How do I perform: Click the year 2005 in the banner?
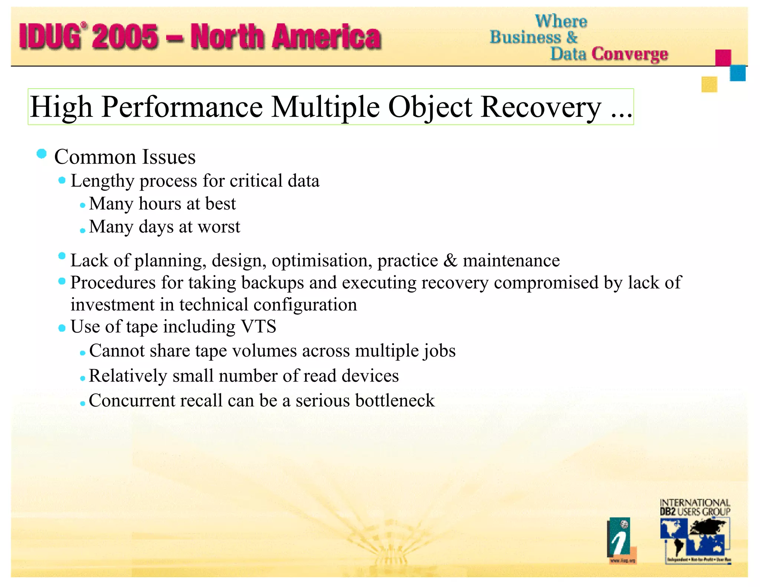pos(125,36)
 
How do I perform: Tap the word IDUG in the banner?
pos(50,36)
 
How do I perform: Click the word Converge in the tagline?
pos(630,54)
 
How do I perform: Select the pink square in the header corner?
pos(723,58)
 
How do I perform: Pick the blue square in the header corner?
pos(737,73)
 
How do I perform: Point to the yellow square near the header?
pos(709,84)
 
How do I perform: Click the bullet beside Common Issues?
pos(42,154)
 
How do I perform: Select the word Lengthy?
pos(102,181)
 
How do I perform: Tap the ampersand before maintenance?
pos(450,260)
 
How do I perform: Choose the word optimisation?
pos(322,260)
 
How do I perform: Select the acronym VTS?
pos(259,327)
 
